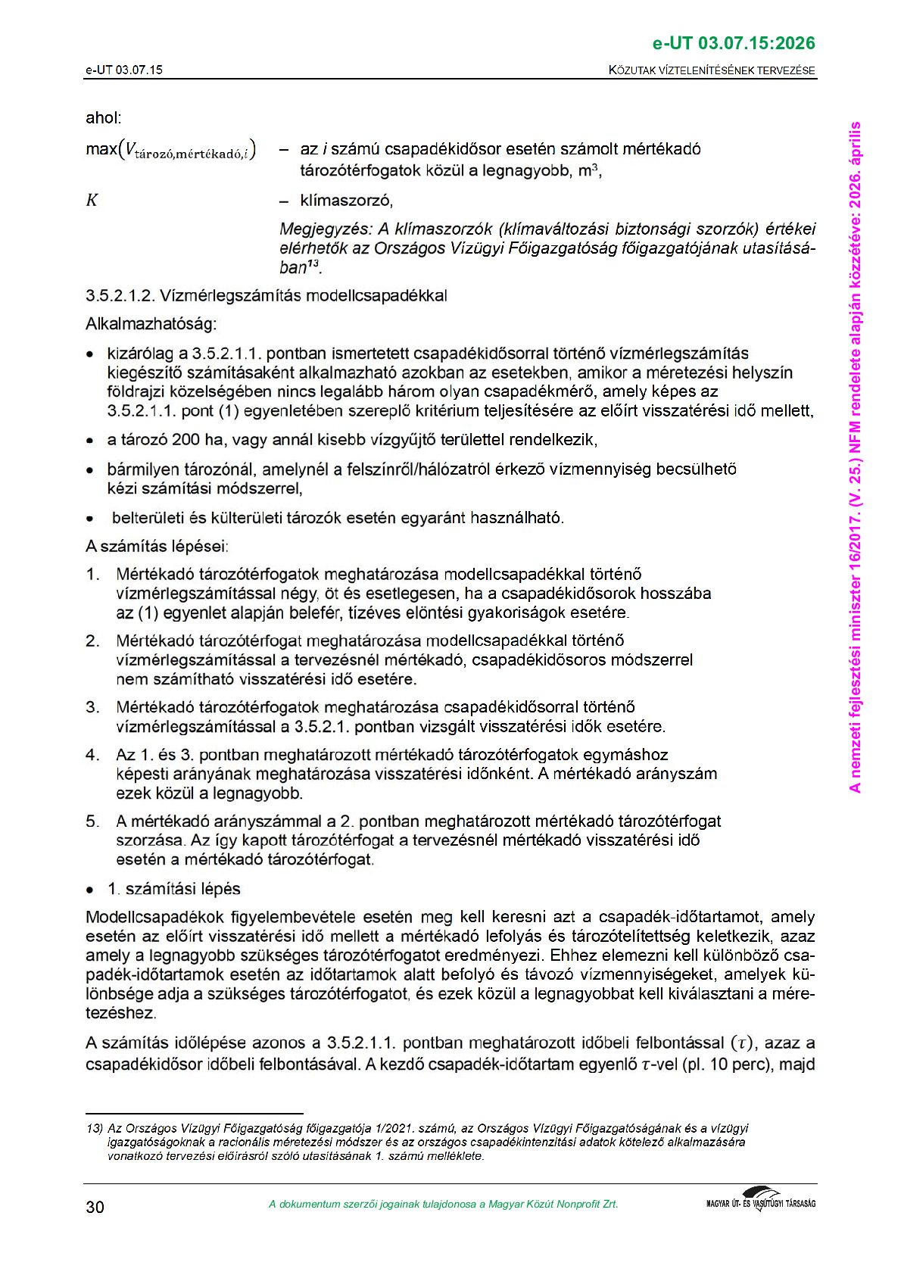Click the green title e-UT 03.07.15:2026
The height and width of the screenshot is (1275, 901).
tap(733, 43)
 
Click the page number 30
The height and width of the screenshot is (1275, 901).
tap(95, 1207)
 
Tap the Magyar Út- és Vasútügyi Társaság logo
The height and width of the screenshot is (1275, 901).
tap(760, 1201)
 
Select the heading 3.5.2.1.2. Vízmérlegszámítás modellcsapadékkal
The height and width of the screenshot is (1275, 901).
tap(267, 295)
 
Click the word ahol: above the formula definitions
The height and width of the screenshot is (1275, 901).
tap(104, 118)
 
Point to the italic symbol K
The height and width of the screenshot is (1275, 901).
tap(92, 201)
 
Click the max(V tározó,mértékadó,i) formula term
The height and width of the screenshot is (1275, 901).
tap(171, 150)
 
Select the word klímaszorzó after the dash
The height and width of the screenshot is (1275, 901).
tap(346, 201)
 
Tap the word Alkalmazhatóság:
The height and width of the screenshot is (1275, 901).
tap(151, 324)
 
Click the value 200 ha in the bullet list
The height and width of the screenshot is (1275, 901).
tap(185, 440)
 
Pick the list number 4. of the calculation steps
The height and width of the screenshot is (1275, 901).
tap(92, 755)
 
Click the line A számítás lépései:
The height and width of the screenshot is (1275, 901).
tap(157, 546)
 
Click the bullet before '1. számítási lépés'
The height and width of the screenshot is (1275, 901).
tap(90, 890)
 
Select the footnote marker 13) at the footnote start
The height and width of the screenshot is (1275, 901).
tap(95, 1128)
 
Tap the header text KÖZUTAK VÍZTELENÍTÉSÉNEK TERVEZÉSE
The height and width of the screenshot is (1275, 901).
tap(712, 70)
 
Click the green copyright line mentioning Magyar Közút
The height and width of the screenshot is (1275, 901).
tap(443, 1204)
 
